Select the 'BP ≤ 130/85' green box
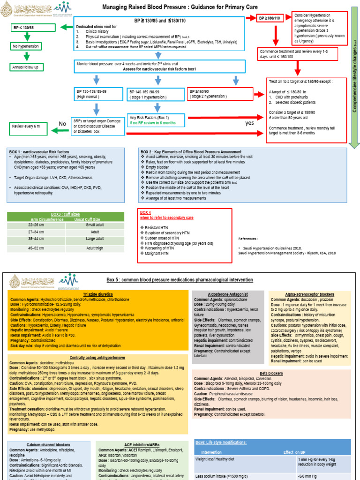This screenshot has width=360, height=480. click(27, 28)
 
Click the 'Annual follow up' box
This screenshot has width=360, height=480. click(27, 67)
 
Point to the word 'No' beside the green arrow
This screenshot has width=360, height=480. click(62, 124)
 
